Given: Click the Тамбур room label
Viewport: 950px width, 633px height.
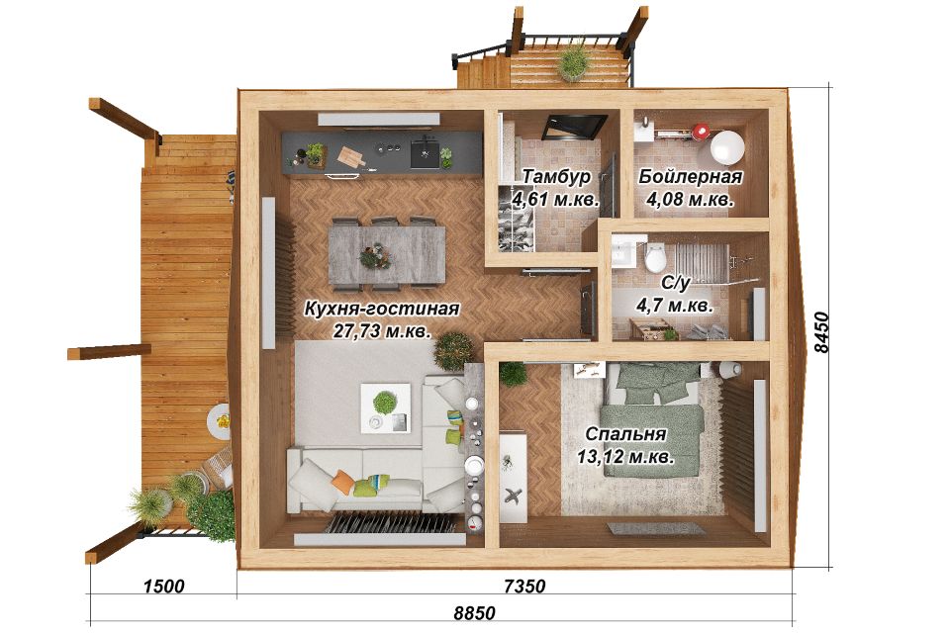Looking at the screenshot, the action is (555, 177).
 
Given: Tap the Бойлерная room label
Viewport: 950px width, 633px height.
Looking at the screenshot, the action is (690, 177).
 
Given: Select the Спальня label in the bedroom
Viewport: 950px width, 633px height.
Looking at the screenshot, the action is (625, 434).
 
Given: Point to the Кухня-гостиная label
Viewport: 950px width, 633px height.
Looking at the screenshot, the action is (382, 309).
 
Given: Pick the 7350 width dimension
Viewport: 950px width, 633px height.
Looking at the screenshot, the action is (524, 586).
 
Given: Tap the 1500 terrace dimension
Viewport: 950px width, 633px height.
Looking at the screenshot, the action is (163, 586).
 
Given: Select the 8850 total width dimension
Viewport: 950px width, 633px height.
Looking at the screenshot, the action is (474, 613).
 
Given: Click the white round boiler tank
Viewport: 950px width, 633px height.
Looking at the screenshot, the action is (726, 147).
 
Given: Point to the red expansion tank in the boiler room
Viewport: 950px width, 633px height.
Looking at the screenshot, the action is (701, 131).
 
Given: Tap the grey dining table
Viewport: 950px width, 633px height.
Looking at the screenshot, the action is (387, 254).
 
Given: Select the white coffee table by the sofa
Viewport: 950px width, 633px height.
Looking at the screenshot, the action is (385, 407).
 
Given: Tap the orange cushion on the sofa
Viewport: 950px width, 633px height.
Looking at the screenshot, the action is (343, 482).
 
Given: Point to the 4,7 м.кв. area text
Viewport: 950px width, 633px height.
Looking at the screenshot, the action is (674, 305).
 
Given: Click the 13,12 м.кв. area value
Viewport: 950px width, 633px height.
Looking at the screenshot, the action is (625, 456).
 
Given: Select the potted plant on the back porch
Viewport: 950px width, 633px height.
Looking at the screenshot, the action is (574, 61).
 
